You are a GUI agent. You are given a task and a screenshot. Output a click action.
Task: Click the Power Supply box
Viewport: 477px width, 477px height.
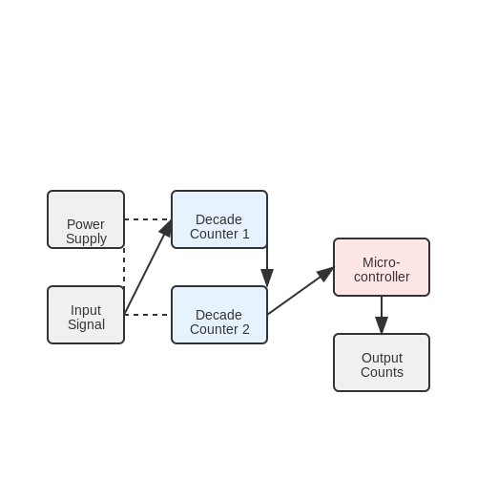pos(86,219)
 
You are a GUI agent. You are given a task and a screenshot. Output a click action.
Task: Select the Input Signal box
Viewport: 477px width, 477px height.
pos(86,315)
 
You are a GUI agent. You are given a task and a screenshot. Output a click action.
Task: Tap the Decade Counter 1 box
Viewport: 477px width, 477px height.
pos(219,219)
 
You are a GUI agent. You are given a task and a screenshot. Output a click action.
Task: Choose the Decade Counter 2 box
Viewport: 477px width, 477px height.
pos(219,315)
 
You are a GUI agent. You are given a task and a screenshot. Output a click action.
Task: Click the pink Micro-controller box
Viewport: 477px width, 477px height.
pos(382,267)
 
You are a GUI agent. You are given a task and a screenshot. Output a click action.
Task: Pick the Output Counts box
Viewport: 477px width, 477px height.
pos(382,363)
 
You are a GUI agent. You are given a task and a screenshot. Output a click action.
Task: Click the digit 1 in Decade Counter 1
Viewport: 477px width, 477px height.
pos(246,234)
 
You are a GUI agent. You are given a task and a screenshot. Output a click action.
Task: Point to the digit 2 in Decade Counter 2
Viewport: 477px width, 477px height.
pos(246,329)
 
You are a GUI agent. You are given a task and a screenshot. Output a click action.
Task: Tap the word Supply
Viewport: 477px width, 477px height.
pos(86,239)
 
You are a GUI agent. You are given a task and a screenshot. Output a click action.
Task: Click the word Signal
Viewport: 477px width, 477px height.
pos(86,324)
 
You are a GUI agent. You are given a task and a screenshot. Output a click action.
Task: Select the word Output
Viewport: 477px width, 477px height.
pos(382,359)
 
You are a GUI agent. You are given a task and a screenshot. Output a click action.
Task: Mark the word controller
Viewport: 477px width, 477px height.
pos(382,277)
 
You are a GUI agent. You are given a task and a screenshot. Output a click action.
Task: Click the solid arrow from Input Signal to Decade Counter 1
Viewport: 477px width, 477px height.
pos(148,267)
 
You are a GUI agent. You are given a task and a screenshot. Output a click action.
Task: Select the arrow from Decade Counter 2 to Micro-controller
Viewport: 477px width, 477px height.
pos(301,291)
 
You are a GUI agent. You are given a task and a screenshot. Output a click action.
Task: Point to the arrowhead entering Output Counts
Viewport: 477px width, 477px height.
pos(382,325)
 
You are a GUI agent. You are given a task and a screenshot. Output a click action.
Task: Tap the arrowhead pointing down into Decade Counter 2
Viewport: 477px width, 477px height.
pos(267,278)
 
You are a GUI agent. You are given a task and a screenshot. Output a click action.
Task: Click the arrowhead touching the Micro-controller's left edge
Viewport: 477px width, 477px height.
pos(325,274)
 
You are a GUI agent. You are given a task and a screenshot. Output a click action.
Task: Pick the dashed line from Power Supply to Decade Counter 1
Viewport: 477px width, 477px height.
pos(148,219)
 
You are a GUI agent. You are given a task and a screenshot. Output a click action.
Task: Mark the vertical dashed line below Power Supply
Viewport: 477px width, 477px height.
pos(124,267)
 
